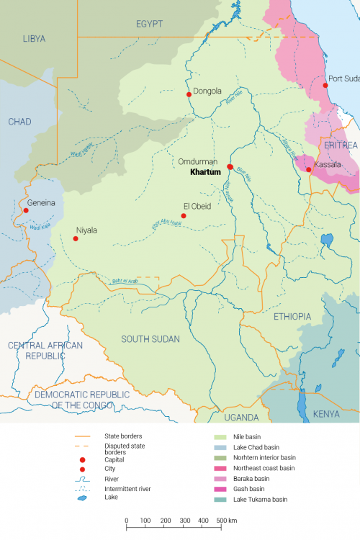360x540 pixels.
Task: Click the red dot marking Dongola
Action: (189, 94)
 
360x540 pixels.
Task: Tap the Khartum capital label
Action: (205, 173)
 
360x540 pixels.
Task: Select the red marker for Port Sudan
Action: (325, 86)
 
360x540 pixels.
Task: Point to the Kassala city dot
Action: (309, 170)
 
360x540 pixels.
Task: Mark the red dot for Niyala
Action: (76, 238)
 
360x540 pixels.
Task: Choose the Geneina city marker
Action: (26, 211)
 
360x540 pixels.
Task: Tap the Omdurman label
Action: (198, 163)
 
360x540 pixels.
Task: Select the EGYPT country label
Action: (149, 24)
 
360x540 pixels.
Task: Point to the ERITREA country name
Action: (341, 145)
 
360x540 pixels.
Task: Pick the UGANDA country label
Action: (240, 418)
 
